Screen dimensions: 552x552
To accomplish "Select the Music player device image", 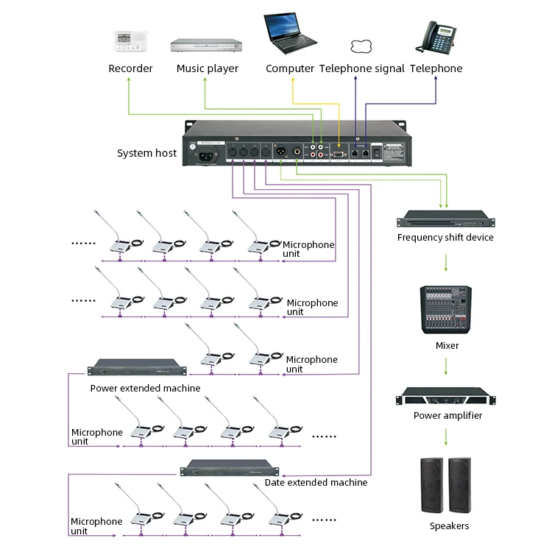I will (207, 45).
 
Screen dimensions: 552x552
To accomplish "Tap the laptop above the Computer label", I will (290, 35).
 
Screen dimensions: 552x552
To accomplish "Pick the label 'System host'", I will (146, 153).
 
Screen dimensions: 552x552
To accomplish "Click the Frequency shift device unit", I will (445, 219).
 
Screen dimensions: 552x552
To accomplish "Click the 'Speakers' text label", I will (449, 526).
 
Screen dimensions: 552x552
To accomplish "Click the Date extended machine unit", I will (231, 468).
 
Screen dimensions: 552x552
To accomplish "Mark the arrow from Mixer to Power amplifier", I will (446, 367).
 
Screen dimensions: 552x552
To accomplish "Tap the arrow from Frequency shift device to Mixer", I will (446, 261).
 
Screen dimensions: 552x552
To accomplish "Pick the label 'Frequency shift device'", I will (445, 238).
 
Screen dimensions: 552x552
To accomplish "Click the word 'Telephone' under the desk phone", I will (436, 68).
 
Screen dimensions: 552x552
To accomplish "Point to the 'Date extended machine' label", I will (316, 483).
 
